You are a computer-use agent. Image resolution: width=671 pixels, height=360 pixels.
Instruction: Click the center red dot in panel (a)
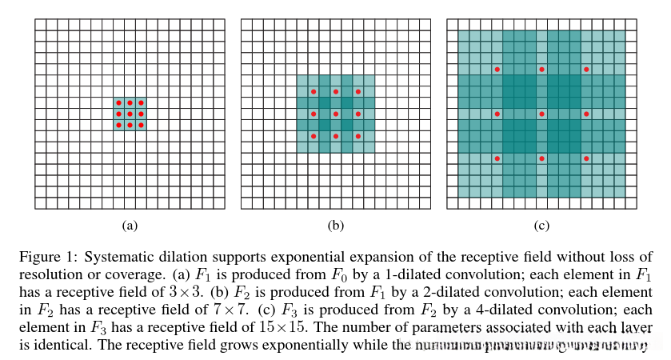click(x=130, y=114)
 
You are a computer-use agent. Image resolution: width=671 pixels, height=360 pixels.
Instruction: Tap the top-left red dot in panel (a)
click(x=118, y=103)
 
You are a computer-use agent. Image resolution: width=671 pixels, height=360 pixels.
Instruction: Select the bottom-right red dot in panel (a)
click(x=141, y=125)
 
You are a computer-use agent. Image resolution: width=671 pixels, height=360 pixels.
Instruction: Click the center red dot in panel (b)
click(x=336, y=114)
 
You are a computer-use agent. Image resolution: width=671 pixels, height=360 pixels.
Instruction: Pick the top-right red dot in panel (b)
click(x=357, y=92)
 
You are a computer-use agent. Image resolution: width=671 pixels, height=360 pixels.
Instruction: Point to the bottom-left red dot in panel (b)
click(x=314, y=136)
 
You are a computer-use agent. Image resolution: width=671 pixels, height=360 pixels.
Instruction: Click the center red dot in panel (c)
click(x=541, y=114)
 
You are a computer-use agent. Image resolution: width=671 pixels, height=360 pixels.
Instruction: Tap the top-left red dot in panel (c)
click(x=497, y=70)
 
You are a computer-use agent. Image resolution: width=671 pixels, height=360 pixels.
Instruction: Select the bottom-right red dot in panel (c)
click(x=586, y=158)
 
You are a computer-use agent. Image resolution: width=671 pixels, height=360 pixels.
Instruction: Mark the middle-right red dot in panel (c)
click(x=586, y=114)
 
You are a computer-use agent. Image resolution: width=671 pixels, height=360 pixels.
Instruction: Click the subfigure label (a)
click(x=130, y=226)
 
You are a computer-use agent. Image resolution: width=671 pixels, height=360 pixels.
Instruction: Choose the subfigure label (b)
click(x=336, y=226)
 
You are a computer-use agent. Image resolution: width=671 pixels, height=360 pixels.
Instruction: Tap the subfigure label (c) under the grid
click(x=541, y=226)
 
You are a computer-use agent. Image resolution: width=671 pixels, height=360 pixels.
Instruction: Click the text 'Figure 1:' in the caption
click(x=45, y=257)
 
